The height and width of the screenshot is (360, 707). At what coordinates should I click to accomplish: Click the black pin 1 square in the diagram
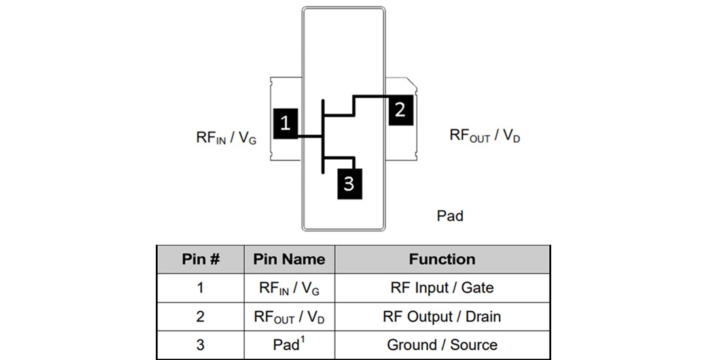point(285,122)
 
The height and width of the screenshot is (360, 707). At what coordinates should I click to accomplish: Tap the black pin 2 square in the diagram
point(400,109)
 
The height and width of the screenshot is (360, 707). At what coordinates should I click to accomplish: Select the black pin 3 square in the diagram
point(348,183)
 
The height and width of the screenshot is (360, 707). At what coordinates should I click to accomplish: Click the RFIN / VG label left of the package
point(227,138)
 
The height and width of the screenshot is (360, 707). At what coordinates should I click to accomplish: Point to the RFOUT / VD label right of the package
point(484,135)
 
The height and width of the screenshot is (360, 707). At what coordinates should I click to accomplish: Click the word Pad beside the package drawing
point(450,216)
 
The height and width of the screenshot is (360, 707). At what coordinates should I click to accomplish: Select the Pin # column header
point(200,259)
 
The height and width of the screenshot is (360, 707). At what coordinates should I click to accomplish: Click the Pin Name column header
point(289,259)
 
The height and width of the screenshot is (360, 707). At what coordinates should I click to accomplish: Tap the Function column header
point(442,259)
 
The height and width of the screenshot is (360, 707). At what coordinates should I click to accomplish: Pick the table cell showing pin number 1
point(200,288)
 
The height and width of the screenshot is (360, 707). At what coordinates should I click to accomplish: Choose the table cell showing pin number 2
point(200,317)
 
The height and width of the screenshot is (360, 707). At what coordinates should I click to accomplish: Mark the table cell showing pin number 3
point(200,345)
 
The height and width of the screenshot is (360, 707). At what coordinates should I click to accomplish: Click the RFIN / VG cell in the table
point(289,288)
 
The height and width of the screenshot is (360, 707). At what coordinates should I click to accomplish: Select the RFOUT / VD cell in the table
point(289,317)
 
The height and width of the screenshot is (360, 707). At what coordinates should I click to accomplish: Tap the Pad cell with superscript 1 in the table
point(289,345)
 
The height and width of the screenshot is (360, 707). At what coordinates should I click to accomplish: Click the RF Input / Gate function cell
point(442,288)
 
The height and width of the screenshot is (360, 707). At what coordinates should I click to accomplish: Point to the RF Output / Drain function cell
point(442,317)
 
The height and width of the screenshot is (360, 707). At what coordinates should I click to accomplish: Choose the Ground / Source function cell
point(442,345)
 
